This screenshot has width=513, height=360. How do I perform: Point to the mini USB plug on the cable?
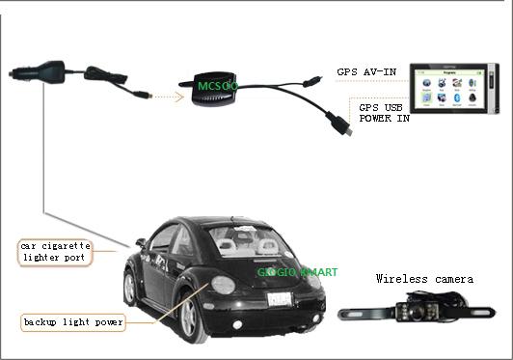pyautogui.click(x=340, y=125)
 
